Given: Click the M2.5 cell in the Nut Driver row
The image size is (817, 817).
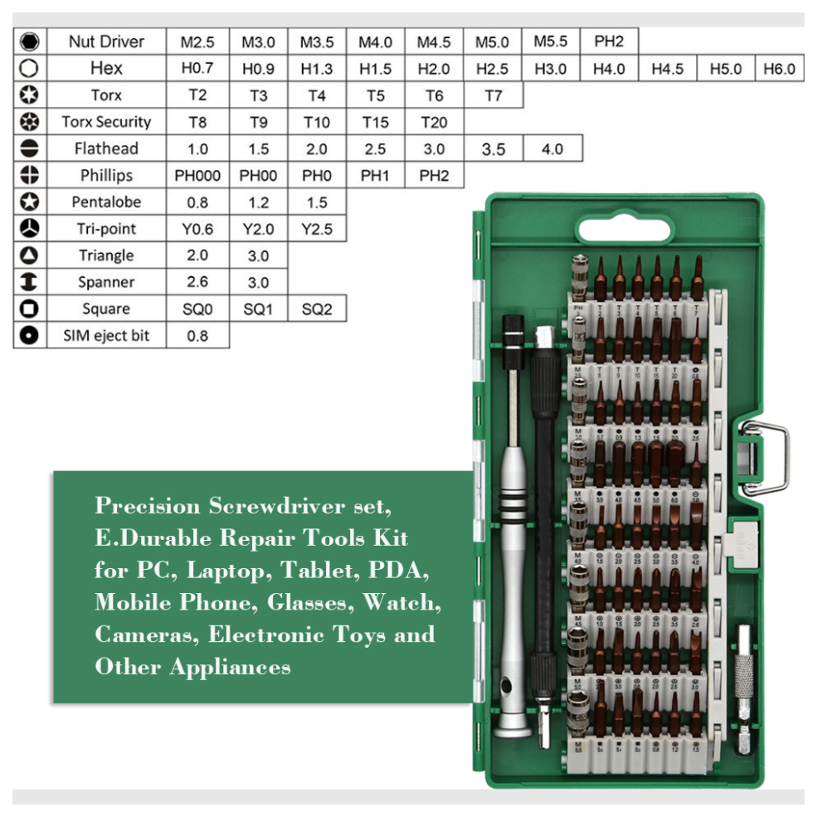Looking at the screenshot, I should click(197, 41).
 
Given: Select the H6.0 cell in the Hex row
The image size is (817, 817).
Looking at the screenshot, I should click(779, 68).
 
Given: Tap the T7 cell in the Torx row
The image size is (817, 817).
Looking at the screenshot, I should click(494, 95).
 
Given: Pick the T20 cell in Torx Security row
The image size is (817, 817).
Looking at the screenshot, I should click(434, 122).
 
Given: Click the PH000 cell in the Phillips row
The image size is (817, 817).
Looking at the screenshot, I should click(197, 175).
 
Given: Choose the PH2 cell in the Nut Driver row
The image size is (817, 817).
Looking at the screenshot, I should click(609, 41).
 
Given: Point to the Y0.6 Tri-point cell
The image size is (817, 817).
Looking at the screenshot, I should click(197, 229).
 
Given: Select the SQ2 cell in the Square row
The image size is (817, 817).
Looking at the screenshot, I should click(317, 309).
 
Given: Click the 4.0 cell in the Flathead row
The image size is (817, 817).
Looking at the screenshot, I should click(552, 148).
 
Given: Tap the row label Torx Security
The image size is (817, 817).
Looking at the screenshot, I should click(106, 122).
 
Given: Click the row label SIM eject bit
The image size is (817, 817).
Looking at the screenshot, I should click(106, 335).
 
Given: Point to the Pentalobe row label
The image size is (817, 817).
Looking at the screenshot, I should click(106, 202).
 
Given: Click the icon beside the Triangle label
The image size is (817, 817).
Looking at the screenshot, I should click(30, 255).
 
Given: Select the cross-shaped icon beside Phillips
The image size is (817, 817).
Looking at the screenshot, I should click(30, 175).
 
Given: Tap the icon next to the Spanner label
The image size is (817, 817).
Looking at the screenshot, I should click(30, 282).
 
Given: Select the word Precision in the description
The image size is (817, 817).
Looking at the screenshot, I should click(148, 506).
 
